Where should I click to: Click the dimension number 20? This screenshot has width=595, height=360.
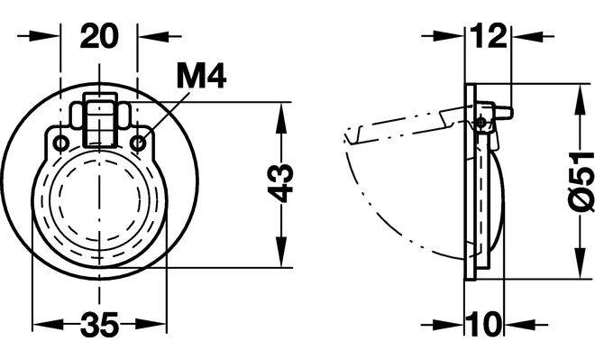pyautogui.click(x=99, y=36)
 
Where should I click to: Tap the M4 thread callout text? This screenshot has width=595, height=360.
pyautogui.click(x=202, y=77)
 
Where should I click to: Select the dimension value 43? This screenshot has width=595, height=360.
pyautogui.click(x=280, y=182)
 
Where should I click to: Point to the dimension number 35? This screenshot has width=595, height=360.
pyautogui.click(x=99, y=324)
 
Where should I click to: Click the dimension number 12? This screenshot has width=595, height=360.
pyautogui.click(x=489, y=36)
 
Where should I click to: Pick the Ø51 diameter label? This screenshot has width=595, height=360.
pyautogui.click(x=581, y=181)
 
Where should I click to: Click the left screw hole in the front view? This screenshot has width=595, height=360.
pyautogui.click(x=60, y=144)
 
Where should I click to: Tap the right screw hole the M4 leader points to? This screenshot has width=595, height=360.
pyautogui.click(x=138, y=144)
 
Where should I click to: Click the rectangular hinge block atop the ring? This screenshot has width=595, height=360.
pyautogui.click(x=100, y=120)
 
